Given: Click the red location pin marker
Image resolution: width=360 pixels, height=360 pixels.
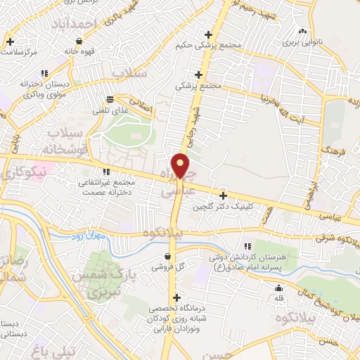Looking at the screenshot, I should [x=181, y=166].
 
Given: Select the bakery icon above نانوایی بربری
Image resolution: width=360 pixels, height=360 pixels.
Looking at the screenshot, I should [x=302, y=31].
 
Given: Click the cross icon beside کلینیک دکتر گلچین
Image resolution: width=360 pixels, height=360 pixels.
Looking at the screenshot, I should [x=224, y=195].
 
